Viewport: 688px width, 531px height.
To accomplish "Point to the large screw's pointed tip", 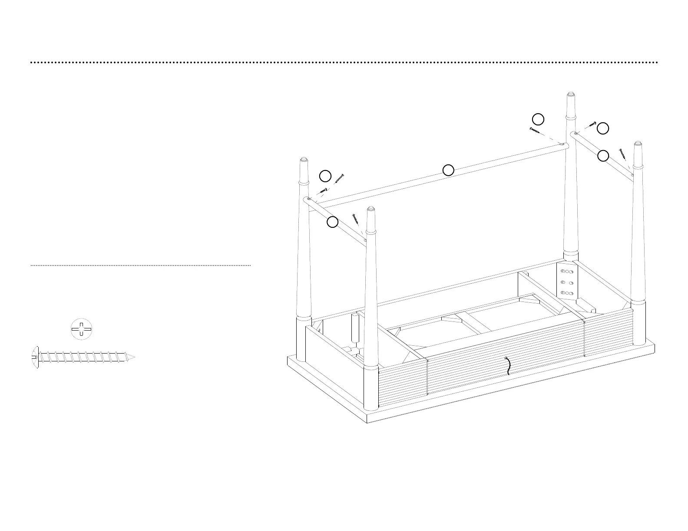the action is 134,357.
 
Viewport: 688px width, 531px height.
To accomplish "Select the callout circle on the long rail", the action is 448,170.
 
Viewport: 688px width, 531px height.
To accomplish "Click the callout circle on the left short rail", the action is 332,222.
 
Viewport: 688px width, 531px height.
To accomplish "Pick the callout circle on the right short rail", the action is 603,156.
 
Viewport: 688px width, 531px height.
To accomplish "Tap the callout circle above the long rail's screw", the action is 538,119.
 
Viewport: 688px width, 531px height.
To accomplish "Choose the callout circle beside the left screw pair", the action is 325,176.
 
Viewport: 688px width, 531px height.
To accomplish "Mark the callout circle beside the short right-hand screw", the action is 603,128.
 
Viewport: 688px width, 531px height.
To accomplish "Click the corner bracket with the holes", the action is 567,282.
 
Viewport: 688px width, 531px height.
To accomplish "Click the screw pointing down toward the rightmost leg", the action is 624,154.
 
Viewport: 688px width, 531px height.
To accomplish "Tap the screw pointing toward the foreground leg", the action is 356,218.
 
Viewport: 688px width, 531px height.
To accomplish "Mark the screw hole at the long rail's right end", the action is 563,144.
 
